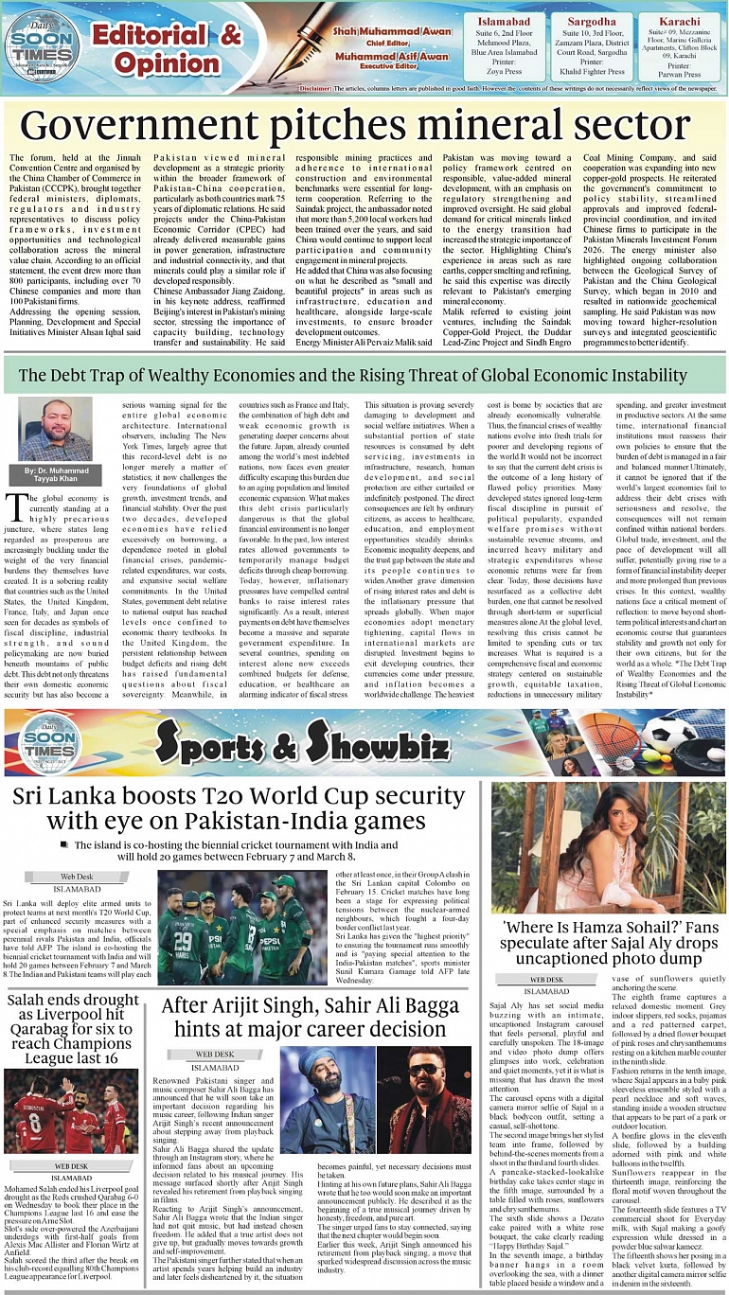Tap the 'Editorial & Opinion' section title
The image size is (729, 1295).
[x=166, y=48]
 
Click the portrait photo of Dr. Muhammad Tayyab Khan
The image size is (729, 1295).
[x=56, y=428]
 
